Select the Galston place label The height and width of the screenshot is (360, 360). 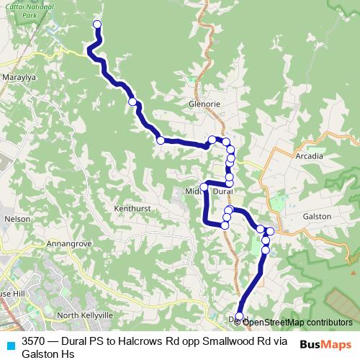[x=317, y=216]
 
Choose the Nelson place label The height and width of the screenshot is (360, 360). [x=17, y=217]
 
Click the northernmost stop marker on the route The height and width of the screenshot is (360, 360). [x=97, y=25]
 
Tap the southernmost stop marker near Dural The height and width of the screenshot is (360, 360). [x=240, y=317]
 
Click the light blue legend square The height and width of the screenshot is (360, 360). [x=9, y=343]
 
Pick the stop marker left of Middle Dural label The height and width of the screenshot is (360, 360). [x=204, y=187]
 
